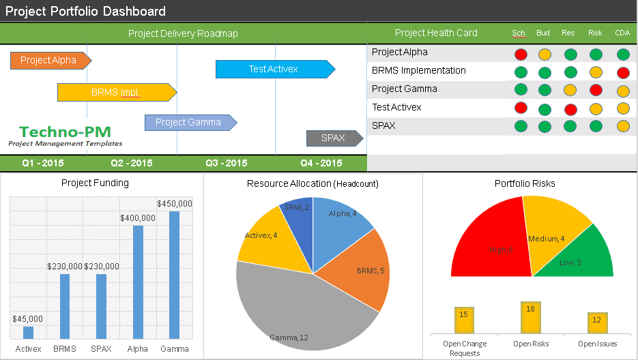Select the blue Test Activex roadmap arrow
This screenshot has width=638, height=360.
pos(274,69)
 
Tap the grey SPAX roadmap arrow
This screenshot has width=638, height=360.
pos(333,138)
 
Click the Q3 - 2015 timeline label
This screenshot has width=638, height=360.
pos(226,164)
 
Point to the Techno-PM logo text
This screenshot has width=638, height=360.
pos(65,132)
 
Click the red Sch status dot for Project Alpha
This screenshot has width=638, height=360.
pos(521,55)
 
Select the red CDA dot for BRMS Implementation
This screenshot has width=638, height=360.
pos(622,73)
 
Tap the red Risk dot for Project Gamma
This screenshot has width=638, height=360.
pos(596,90)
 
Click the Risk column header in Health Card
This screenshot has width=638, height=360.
pos(595,33)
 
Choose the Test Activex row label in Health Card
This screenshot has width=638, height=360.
pos(396,108)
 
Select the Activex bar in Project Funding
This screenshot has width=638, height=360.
pos(28,333)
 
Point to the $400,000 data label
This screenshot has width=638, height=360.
pos(138,217)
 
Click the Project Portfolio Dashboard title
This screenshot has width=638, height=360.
pos(86,12)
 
